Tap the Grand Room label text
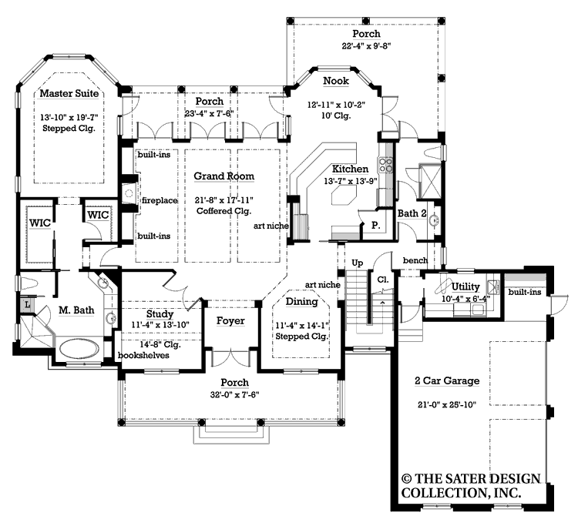click(x=223, y=176)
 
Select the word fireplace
click(x=160, y=200)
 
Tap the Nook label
click(x=336, y=81)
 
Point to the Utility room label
click(x=465, y=286)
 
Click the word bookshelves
click(x=143, y=355)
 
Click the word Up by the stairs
click(x=357, y=263)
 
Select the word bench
click(x=415, y=260)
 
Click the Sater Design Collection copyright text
click(x=459, y=484)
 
